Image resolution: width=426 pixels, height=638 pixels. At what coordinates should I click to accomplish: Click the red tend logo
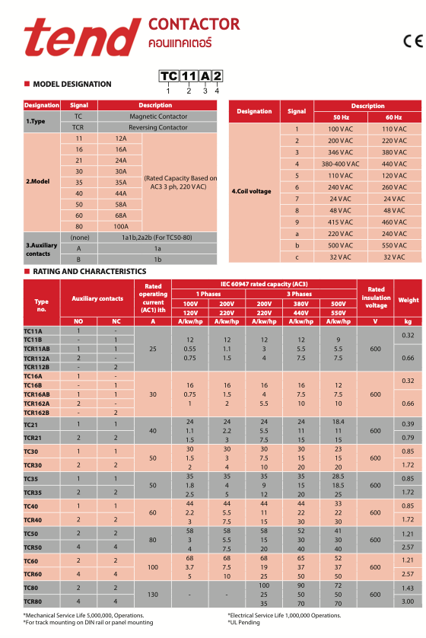pyautogui.click(x=82, y=37)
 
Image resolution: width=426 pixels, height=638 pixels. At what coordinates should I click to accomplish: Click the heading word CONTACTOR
pyautogui.click(x=194, y=24)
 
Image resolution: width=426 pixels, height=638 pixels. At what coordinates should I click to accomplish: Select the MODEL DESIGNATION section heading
pyautogui.click(x=72, y=85)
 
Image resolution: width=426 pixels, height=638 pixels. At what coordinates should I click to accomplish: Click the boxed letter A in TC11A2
pyautogui.click(x=205, y=76)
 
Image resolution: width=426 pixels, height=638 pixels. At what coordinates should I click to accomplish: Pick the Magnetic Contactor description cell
pyautogui.click(x=158, y=116)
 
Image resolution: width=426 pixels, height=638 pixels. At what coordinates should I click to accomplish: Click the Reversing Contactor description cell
pyautogui.click(x=158, y=127)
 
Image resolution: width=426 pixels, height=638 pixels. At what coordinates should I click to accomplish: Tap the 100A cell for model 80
pyautogui.click(x=121, y=226)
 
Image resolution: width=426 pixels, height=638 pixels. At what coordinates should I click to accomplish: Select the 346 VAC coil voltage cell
pyautogui.click(x=341, y=152)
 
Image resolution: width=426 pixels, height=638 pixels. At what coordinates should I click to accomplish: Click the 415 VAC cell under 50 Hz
pyautogui.click(x=341, y=222)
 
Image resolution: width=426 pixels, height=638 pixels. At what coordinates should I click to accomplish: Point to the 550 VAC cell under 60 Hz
pyautogui.click(x=394, y=245)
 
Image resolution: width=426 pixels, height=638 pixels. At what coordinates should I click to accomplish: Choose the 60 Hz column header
pyautogui.click(x=393, y=117)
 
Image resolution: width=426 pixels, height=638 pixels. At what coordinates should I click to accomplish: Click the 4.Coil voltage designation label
pyautogui.click(x=251, y=191)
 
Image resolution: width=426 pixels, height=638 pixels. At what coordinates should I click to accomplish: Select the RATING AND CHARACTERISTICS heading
pyautogui.click(x=90, y=271)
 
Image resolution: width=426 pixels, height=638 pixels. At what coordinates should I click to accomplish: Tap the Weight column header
pyautogui.click(x=408, y=300)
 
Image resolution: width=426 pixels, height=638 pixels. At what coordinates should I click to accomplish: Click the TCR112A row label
pyautogui.click(x=37, y=359)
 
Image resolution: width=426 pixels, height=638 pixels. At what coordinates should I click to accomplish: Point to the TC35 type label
pyautogui.click(x=30, y=479)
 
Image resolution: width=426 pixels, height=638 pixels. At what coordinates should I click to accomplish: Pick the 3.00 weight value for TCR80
pyautogui.click(x=408, y=601)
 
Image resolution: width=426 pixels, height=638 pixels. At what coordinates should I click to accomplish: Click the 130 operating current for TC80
pyautogui.click(x=153, y=595)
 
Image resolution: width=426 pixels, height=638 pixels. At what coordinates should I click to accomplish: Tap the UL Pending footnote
pyautogui.click(x=243, y=622)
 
